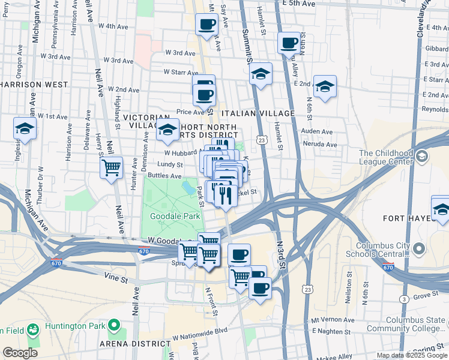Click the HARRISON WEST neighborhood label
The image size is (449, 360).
pyautogui.click(x=34, y=85)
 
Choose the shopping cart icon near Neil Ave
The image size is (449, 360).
pyautogui.click(x=111, y=167)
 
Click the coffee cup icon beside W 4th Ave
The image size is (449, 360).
pyautogui.click(x=207, y=25)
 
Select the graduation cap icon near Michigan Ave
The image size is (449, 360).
pyautogui.click(x=25, y=128)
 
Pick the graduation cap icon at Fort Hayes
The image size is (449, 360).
pyautogui.click(x=441, y=209)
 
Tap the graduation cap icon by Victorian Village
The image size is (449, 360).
pyautogui.click(x=167, y=129)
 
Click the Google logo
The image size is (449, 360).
pyautogui.click(x=20, y=353)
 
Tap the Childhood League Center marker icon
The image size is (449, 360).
pyautogui.click(x=422, y=157)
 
